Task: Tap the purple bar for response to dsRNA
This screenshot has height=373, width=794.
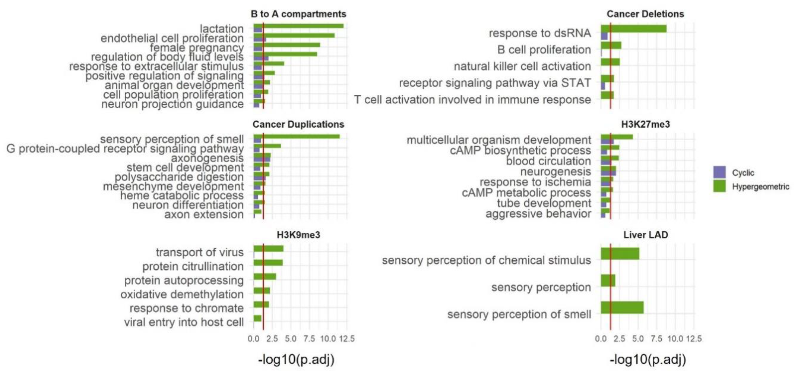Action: (604, 36)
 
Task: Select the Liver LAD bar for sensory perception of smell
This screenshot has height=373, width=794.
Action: (622, 308)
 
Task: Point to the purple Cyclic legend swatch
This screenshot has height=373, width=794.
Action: (719, 172)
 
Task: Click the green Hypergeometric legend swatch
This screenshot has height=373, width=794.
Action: (719, 186)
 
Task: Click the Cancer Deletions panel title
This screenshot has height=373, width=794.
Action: (645, 14)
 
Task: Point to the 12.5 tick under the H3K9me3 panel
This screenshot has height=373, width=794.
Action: (347, 339)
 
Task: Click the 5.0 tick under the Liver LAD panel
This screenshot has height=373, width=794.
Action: (638, 339)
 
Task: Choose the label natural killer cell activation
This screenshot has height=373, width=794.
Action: (522, 66)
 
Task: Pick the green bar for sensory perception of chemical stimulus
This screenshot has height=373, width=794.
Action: (620, 253)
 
